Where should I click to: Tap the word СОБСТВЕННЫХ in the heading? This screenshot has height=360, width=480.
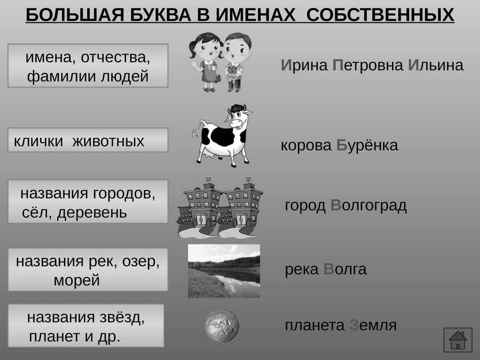tap(380, 15)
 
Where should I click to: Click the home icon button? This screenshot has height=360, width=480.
tap(458, 340)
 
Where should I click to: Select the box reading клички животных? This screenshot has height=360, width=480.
tap(88, 140)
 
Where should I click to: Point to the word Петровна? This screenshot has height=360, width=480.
tap(368, 65)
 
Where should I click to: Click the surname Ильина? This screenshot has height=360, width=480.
tap(436, 65)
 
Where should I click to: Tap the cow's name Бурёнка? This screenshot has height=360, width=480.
tap(367, 145)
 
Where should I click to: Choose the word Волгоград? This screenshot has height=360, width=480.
tap(368, 206)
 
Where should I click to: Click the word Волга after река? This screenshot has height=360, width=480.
tap(345, 269)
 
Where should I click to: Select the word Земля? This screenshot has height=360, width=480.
tap(373, 325)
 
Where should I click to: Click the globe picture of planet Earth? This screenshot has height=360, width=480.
tap(222, 325)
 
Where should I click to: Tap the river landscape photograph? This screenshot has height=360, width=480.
tap(224, 271)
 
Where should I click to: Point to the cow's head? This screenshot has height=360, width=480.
tap(238, 118)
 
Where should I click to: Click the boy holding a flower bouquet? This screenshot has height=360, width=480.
tap(237, 62)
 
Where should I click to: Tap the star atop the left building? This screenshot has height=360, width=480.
tap(208, 180)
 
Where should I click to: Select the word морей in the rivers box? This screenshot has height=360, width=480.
tap(77, 280)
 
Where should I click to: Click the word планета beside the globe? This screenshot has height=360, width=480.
tap(315, 326)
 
